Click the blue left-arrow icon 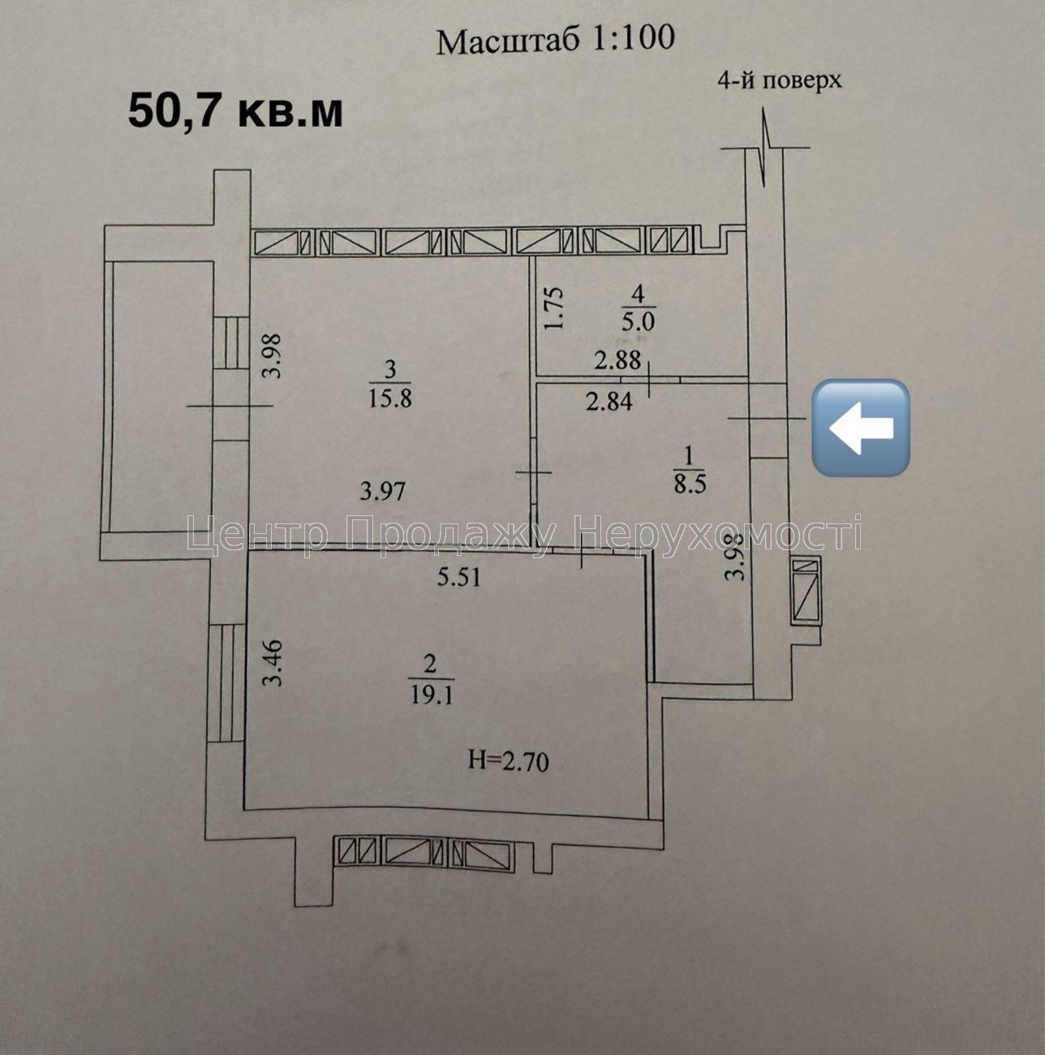(861, 427)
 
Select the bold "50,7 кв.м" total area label (235, 112)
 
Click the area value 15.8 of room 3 (390, 398)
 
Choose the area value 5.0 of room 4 (638, 321)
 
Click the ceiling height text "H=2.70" (509, 761)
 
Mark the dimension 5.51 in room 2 (458, 577)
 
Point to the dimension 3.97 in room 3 (383, 490)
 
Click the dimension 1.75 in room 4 (553, 308)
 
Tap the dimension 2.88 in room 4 (617, 360)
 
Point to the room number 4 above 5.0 (639, 294)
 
